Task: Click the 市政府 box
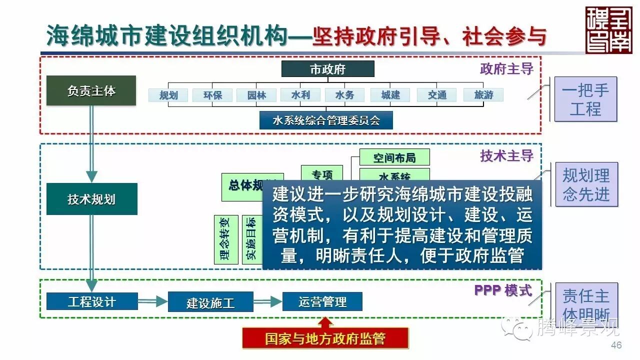[x=327, y=69]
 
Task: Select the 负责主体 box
[x=91, y=90]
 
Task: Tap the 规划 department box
[x=168, y=95]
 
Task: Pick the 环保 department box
[x=212, y=95]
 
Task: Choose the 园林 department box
[x=256, y=95]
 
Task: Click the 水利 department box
[x=300, y=94]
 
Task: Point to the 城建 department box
[x=390, y=95]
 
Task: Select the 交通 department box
[x=436, y=95]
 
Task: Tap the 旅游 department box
[x=483, y=94]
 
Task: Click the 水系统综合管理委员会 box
[x=326, y=120]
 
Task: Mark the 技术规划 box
[x=91, y=199]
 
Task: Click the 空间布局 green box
[x=394, y=157]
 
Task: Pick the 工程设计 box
[x=91, y=301]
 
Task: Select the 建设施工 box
[x=210, y=302]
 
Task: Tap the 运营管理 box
[x=322, y=301]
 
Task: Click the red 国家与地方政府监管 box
[x=325, y=338]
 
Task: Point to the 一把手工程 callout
[x=585, y=99]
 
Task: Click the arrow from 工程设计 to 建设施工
[x=152, y=301]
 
